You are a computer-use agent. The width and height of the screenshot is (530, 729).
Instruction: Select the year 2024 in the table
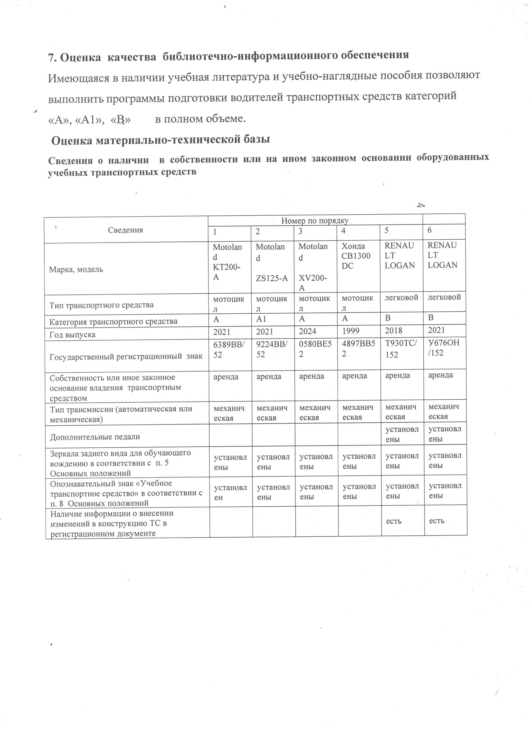[x=308, y=331]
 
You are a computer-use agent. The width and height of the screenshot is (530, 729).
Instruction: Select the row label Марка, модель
[x=76, y=269]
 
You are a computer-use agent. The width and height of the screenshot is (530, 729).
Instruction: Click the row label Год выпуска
[x=72, y=335]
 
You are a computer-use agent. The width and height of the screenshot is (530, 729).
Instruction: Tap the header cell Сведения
[x=125, y=230]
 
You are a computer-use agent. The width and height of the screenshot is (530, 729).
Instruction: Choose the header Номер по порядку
[x=315, y=220]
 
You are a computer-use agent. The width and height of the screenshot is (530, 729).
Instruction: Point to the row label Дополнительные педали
[x=95, y=437]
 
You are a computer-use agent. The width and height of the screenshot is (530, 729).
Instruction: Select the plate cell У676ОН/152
[x=444, y=348]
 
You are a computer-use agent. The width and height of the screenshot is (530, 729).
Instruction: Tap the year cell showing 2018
[x=393, y=331]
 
